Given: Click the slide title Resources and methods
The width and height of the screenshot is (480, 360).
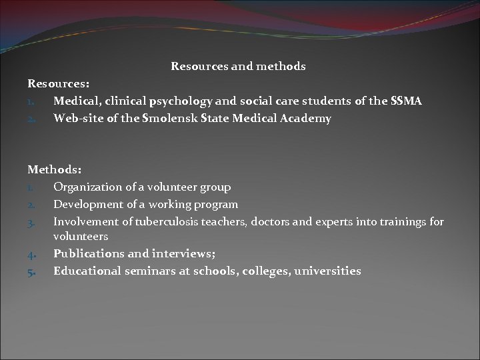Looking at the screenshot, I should tap(238, 67).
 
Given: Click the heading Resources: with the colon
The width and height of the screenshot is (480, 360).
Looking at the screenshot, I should tap(59, 85).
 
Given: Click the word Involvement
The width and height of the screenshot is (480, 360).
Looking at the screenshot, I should tap(83, 221).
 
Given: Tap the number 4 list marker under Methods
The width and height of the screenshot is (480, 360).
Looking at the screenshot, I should tap(31, 255).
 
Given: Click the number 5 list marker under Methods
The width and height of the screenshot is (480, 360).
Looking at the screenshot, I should tap(31, 271).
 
